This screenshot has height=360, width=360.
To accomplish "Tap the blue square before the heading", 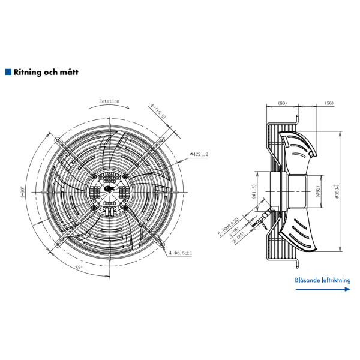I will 8,72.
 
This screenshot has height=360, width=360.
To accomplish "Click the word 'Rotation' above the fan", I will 109,101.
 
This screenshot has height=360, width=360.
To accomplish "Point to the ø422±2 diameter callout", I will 199,154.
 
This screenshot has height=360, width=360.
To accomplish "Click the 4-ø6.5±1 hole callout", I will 180,253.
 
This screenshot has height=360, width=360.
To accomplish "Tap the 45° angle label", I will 78,266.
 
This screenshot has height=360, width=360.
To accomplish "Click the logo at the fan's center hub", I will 109,188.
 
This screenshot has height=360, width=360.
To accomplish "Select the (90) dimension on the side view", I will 282,103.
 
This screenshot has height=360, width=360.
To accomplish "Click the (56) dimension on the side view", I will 329,103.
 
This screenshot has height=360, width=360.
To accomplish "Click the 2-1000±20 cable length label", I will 227,226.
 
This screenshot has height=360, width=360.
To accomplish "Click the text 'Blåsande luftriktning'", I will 322,279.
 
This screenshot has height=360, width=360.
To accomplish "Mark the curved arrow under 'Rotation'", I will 109,107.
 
